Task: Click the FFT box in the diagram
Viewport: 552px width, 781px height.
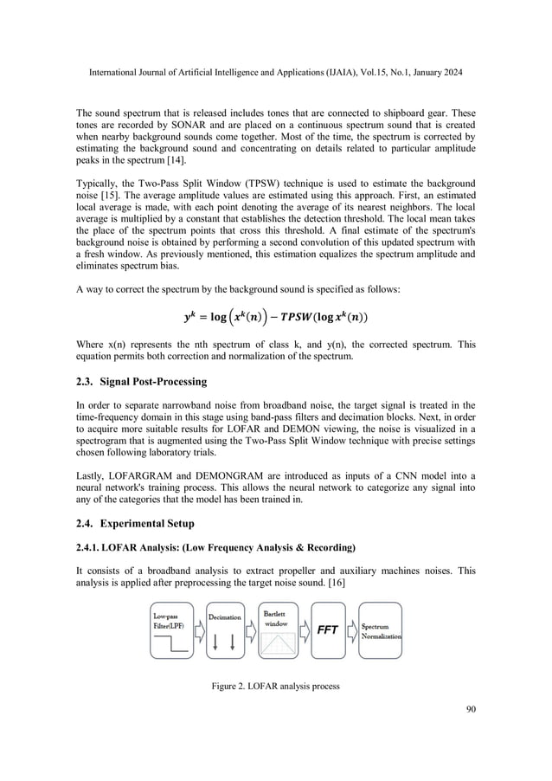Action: (x=326, y=630)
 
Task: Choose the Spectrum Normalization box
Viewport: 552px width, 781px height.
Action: (x=380, y=630)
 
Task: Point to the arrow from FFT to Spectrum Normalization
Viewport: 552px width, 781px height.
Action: (x=351, y=630)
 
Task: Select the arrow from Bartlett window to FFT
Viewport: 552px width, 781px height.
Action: (x=301, y=630)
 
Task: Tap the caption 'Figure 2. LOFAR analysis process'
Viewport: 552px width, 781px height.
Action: (x=275, y=688)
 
